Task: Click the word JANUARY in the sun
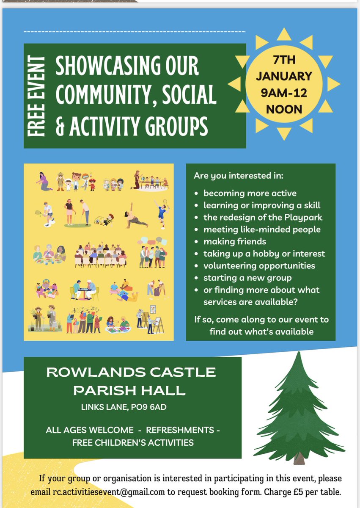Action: pyautogui.click(x=284, y=77)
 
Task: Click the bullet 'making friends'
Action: pyautogui.click(x=234, y=242)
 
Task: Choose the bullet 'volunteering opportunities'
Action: pyautogui.click(x=259, y=266)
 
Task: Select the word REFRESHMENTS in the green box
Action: pyautogui.click(x=180, y=430)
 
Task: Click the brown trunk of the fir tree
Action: pyautogui.click(x=299, y=458)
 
